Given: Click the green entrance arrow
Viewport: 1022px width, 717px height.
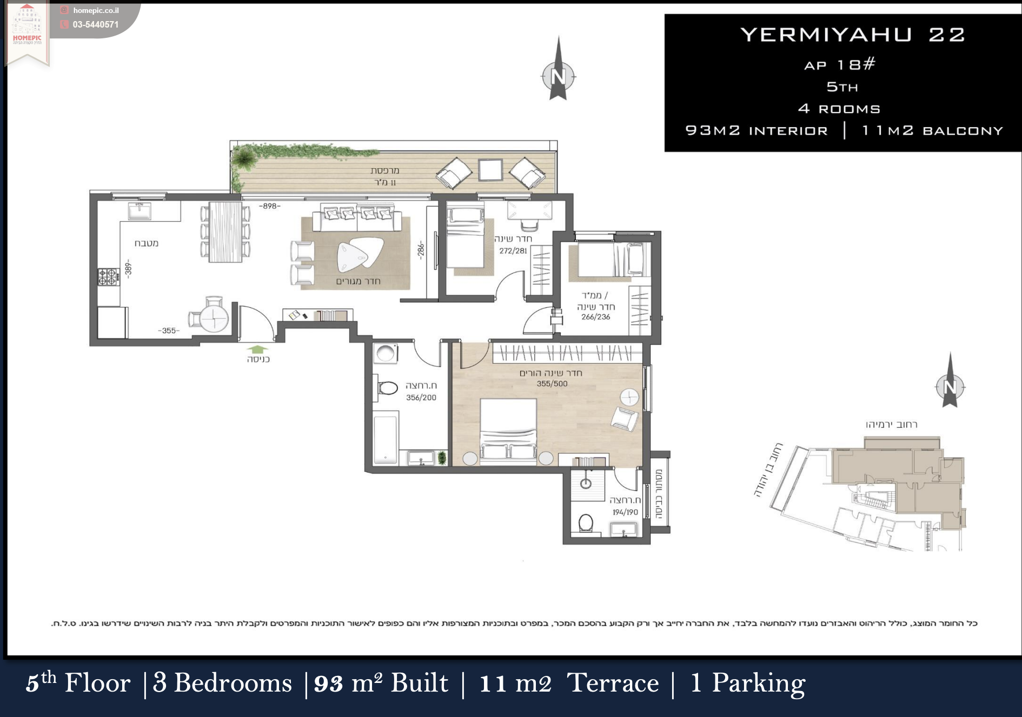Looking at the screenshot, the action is tap(257, 349).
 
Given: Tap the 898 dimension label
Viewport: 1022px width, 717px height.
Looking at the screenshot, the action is tap(270, 206).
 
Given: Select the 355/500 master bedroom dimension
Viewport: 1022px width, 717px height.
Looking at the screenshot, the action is tap(552, 384).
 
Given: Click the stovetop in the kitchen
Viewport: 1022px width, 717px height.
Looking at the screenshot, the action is tap(108, 277).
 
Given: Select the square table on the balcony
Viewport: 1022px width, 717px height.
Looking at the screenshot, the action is tap(490, 170).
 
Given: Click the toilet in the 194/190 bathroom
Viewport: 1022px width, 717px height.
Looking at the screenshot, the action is tap(586, 523).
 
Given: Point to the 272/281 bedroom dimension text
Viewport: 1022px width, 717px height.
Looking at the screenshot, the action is tap(513, 251).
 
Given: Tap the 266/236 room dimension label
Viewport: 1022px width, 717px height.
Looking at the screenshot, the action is tap(596, 317).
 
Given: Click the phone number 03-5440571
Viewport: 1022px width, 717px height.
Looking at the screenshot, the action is tap(96, 24).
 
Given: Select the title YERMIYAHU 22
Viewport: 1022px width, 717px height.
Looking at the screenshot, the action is tap(853, 35).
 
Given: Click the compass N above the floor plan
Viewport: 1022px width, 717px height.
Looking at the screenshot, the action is tap(558, 76).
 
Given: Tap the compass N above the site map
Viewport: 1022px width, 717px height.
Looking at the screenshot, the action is tap(950, 387).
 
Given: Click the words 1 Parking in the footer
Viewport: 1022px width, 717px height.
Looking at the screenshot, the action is tap(748, 683).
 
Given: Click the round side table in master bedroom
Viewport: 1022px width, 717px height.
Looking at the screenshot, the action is tap(629, 397).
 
